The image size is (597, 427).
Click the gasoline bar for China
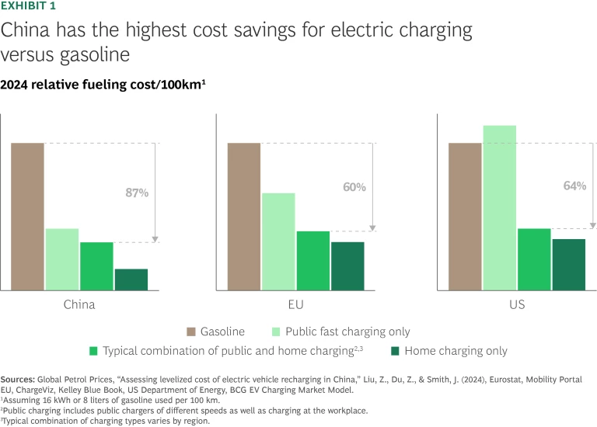[27, 217]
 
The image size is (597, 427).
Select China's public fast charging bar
[62, 259]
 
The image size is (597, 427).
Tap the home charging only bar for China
[131, 279]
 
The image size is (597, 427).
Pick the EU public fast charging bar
[278, 241]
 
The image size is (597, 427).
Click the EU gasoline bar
[244, 217]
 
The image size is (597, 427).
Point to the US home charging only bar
[568, 265]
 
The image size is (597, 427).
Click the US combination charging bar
[534, 259]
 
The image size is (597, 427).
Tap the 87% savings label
[137, 193]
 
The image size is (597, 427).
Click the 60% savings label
[354, 187]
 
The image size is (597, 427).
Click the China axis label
[79, 304]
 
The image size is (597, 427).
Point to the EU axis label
[295, 304]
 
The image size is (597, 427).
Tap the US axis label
[517, 304]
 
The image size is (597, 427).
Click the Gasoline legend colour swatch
[192, 332]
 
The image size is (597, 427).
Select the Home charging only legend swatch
[394, 351]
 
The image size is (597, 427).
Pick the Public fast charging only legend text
[347, 332]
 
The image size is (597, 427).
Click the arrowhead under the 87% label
[155, 239]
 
